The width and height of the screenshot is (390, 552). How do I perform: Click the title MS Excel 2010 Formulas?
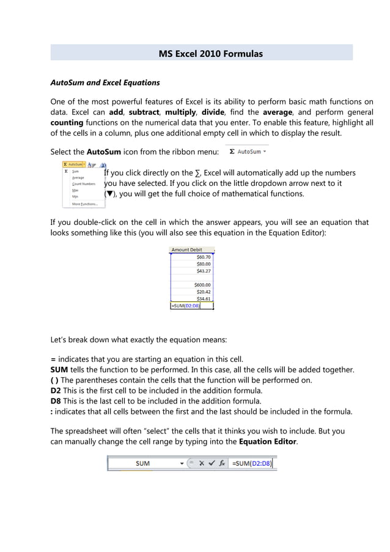210,54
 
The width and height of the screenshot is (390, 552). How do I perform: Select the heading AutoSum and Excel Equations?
105,83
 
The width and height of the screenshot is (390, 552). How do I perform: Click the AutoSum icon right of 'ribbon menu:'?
248,151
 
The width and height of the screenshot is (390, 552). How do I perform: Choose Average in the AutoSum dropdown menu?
78,178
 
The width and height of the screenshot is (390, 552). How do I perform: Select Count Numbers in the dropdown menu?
84,184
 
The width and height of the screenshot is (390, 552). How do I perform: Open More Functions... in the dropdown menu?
85,204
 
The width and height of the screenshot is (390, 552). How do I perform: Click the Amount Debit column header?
187,250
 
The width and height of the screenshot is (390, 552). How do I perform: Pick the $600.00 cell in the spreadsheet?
202,285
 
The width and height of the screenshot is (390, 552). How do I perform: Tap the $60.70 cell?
204,257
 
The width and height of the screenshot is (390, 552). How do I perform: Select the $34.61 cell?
204,299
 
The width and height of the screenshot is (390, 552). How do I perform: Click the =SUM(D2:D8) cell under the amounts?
186,306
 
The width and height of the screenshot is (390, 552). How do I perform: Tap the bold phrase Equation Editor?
267,441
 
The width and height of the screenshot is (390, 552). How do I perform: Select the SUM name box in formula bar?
143,463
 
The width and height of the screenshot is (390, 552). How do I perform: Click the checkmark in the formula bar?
212,463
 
